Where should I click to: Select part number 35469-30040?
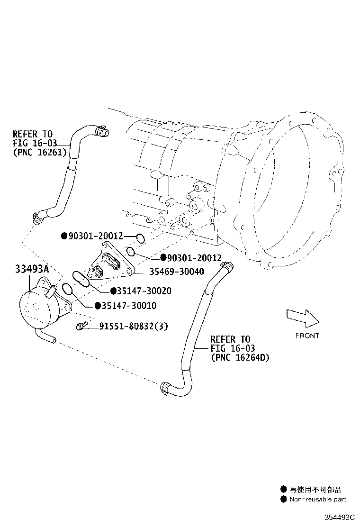pyautogui.click(x=177, y=272)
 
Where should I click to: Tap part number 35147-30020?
pyautogui.click(x=144, y=291)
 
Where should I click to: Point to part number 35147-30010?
pyautogui.click(x=129, y=306)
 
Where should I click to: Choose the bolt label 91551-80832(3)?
pyautogui.click(x=134, y=326)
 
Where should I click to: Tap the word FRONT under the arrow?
pyautogui.click(x=307, y=336)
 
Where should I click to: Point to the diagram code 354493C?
pyautogui.click(x=340, y=517)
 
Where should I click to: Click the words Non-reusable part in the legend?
pyautogui.click(x=318, y=499)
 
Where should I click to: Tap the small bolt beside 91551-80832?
pyautogui.click(x=81, y=326)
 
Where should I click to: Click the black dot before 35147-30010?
pyautogui.click(x=98, y=306)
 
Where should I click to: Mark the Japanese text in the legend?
pyautogui.click(x=315, y=490)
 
